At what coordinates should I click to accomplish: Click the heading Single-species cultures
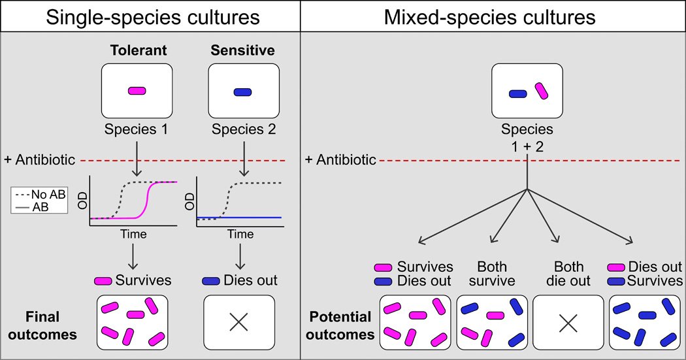pyautogui.click(x=150, y=16)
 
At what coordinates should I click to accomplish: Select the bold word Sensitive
pyautogui.click(x=242, y=50)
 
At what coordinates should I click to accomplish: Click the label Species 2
pyautogui.click(x=242, y=130)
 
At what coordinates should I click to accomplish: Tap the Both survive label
pyautogui.click(x=492, y=274)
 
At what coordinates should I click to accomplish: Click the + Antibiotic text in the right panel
pyautogui.click(x=341, y=159)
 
